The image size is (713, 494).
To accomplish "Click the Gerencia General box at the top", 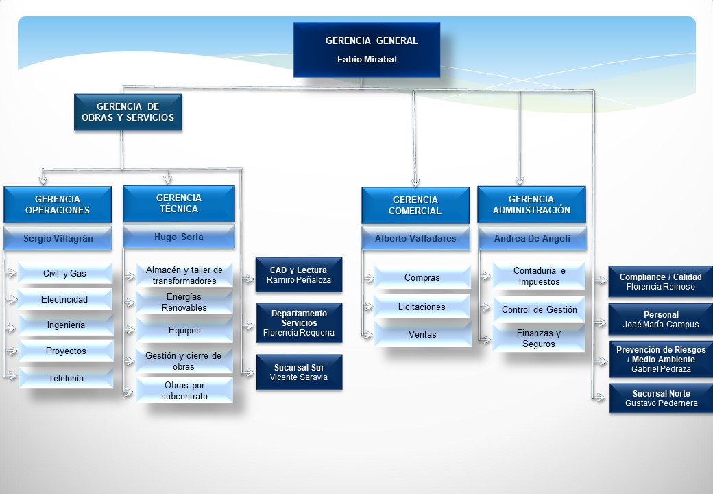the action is tap(367, 49).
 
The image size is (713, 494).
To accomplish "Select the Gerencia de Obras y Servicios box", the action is tap(128, 113).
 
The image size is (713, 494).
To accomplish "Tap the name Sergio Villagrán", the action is tap(58, 238).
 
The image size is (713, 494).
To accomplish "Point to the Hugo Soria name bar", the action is tap(179, 237).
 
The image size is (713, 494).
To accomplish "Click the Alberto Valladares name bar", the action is tap(415, 238).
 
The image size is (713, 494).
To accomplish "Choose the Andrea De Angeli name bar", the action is tap(532, 238).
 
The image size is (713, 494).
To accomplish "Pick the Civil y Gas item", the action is tap(64, 273).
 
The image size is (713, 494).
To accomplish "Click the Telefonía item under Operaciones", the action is tap(66, 378).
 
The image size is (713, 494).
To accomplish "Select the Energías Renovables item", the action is tap(184, 302).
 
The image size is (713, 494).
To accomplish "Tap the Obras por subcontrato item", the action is tap(184, 390).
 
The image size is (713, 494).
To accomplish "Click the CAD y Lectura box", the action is tap(299, 274).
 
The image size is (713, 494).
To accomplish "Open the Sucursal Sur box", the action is tap(299, 372).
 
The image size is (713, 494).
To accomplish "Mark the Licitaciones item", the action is tap(422, 307).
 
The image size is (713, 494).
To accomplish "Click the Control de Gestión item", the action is tap(540, 309).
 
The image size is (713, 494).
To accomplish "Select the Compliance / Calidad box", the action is tap(660, 281).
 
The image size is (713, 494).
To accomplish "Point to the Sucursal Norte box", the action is tap(661, 399).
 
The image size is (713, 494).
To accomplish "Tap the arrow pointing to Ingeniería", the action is tap(10, 327).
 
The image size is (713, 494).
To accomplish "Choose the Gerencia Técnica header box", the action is tap(179, 203).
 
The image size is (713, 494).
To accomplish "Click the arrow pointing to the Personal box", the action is tap(601, 322).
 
